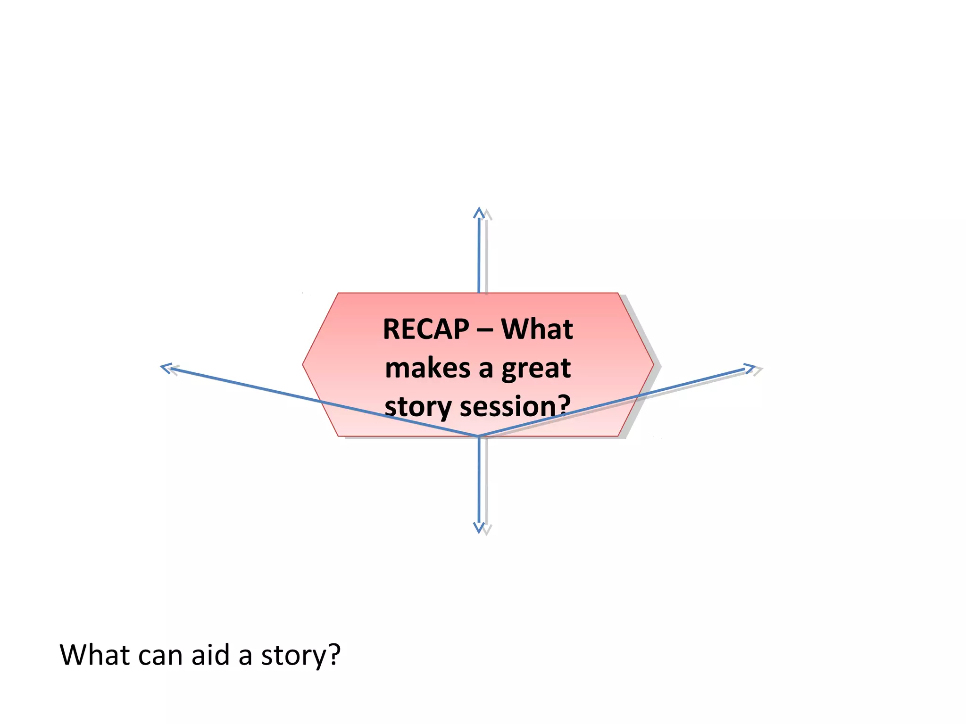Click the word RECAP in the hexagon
coord(426,329)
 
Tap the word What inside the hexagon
coord(537,329)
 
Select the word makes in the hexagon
coord(427,368)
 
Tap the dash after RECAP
coord(484,330)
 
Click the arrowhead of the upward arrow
coord(479,213)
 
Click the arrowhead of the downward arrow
coord(479,527)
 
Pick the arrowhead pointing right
coord(749,368)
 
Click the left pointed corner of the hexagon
coord(304,364)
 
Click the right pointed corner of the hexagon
coord(653,364)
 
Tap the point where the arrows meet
coord(478,436)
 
